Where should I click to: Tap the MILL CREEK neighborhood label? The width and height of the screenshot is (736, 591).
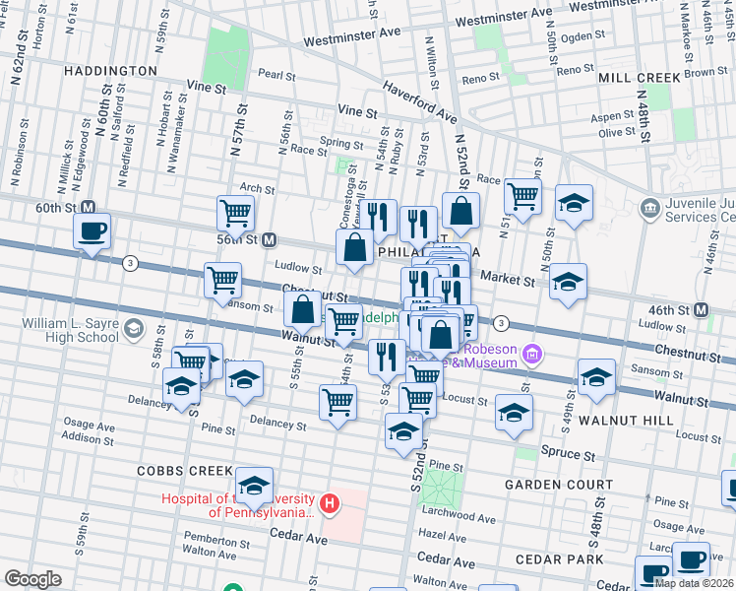pyautogui.click(x=639, y=77)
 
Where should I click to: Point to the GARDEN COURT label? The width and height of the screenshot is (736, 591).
pyautogui.click(x=551, y=486)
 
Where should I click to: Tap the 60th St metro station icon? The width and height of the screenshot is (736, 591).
pyautogui.click(x=88, y=208)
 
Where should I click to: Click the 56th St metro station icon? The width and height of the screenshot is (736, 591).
pyautogui.click(x=269, y=239)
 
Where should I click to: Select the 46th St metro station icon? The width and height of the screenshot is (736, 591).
pyautogui.click(x=702, y=309)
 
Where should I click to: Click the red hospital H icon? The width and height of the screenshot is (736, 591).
pyautogui.click(x=330, y=505)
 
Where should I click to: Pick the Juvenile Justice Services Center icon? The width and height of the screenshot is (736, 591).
pyautogui.click(x=649, y=208)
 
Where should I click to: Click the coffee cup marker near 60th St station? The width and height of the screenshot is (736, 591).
pyautogui.click(x=92, y=231)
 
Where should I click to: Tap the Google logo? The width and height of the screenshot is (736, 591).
pyautogui.click(x=32, y=579)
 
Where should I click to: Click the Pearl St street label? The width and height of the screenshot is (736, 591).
pyautogui.click(x=276, y=74)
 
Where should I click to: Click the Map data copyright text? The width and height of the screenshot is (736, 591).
pyautogui.click(x=694, y=583)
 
